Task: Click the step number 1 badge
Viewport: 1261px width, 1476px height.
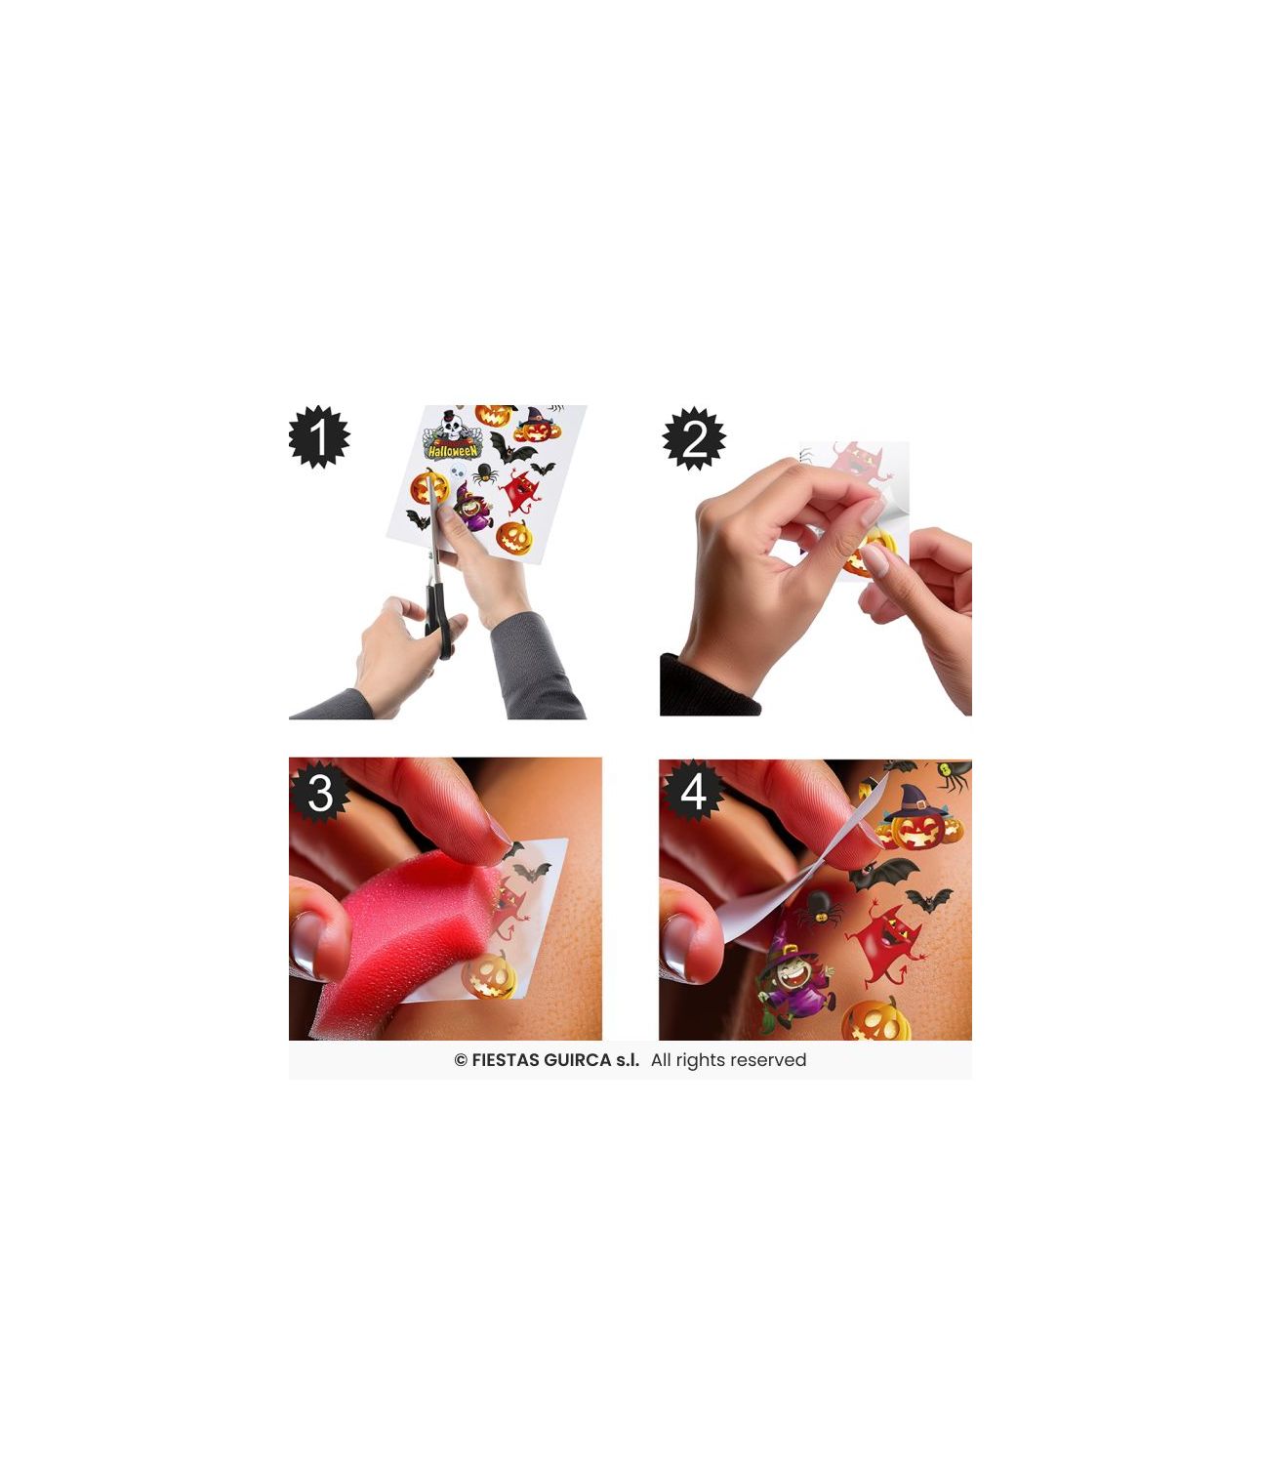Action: click(319, 437)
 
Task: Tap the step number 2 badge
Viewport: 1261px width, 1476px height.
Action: click(693, 438)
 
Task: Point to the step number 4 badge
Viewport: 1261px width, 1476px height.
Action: click(693, 792)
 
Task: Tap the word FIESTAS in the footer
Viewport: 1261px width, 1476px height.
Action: click(505, 1060)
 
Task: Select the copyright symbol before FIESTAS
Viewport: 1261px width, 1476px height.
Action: click(461, 1060)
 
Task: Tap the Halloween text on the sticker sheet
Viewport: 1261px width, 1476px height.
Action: click(453, 450)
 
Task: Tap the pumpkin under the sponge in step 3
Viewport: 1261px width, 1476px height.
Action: click(491, 976)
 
